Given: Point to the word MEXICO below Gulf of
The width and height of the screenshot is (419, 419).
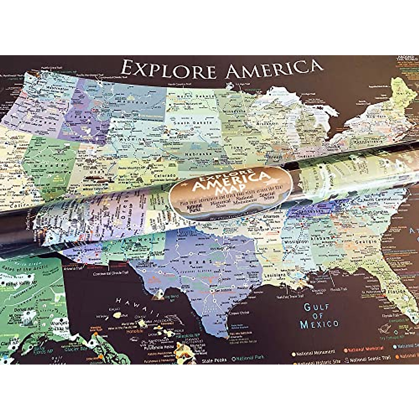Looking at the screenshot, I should click(319, 324).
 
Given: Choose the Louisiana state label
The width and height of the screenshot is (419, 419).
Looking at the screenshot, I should click(272, 274).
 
